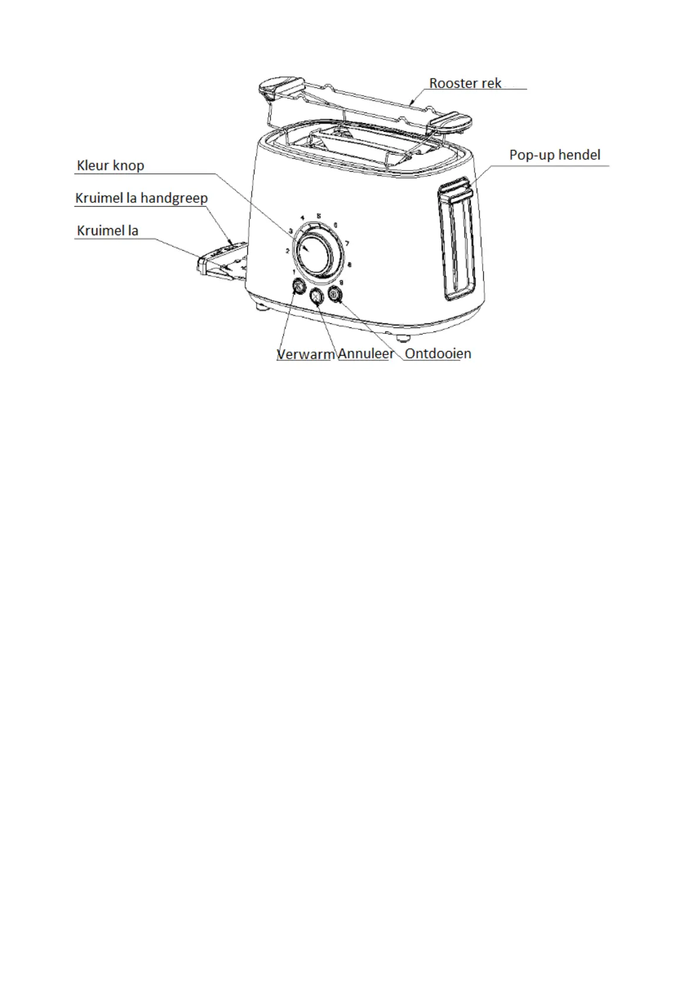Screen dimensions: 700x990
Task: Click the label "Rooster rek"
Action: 465,83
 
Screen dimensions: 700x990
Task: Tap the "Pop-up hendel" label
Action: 554,155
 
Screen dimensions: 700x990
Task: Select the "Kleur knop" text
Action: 110,166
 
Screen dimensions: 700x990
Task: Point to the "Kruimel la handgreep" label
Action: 141,198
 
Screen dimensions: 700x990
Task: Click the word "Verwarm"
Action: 305,354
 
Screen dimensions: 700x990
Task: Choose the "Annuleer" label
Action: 366,354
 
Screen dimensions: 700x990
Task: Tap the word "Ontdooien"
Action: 438,354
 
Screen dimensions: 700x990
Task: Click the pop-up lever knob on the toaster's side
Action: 457,191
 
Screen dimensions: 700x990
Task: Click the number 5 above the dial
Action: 319,216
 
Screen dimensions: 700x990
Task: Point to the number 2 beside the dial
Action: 287,251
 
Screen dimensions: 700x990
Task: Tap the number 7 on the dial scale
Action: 347,243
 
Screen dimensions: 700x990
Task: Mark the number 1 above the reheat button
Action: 293,272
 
